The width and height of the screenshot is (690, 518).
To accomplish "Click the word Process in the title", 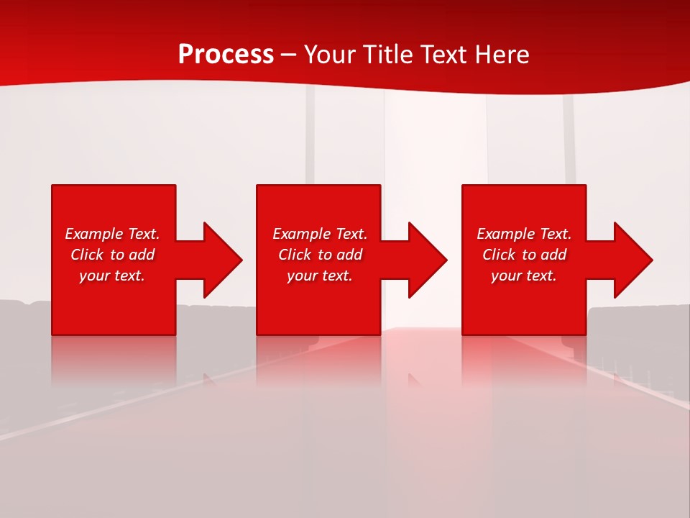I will [226, 55].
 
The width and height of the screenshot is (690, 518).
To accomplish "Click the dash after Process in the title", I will [288, 55].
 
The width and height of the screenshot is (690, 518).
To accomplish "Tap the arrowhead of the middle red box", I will [426, 260].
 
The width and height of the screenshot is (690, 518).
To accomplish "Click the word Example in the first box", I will [93, 234].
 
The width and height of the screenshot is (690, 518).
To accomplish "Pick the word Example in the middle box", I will [301, 234].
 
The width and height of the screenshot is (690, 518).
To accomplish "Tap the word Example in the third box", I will [505, 234].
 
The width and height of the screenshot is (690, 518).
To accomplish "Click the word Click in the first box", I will [87, 255].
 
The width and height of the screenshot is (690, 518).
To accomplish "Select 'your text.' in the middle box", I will [319, 276].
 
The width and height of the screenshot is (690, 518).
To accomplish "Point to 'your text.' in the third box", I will [523, 276].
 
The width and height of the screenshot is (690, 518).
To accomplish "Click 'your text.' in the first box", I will [111, 276].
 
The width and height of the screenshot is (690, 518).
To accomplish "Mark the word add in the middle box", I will [349, 255].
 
